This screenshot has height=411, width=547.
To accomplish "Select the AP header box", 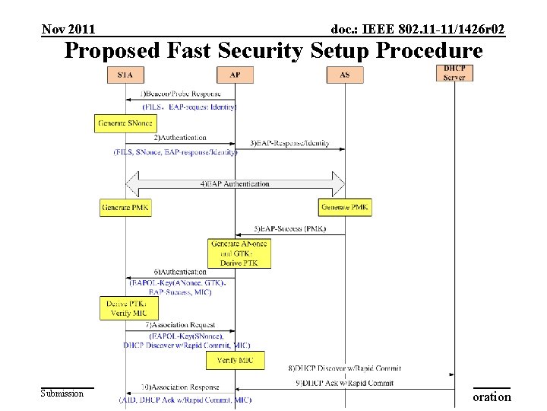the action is pos(235,75).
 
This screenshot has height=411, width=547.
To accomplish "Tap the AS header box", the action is pos(344,75).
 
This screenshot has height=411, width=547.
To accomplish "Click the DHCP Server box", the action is pos(454,73).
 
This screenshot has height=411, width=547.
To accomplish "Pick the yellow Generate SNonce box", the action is pos(125,123).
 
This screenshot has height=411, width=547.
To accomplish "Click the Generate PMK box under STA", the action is pos(125,207).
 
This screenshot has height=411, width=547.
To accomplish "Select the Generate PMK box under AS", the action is pos(345,207).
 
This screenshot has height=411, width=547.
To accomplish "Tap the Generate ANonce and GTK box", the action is pos(239,253).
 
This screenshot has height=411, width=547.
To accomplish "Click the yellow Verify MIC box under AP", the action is pos(236,360).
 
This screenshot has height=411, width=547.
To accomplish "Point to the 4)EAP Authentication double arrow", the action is pos(236,184).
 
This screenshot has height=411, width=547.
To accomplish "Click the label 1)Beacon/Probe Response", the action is pos(181,93).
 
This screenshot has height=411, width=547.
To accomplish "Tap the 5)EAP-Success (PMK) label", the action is pos(291,228).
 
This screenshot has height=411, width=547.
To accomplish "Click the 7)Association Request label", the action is pos(183,325).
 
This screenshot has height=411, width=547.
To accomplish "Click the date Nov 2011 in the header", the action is pos(68,30).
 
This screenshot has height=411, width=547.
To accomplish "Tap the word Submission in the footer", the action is pos(62,393).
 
